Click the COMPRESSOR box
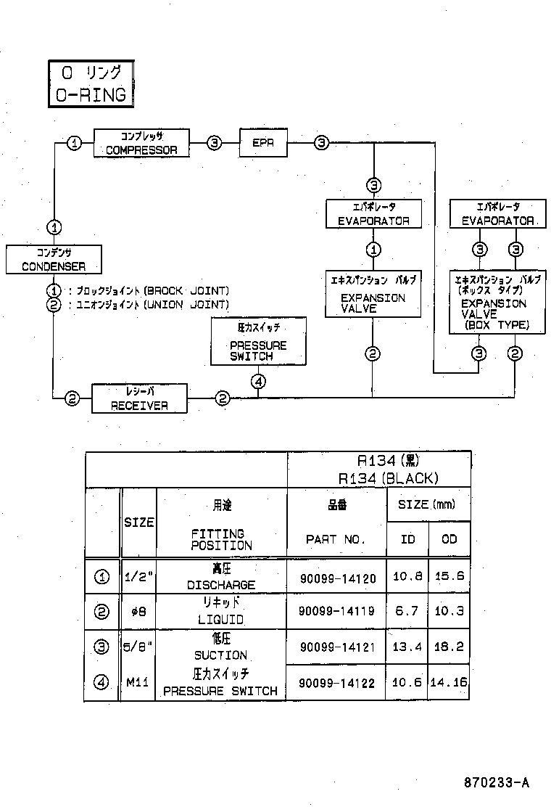(141, 143)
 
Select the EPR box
(263, 143)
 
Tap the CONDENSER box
(53, 259)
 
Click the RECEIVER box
(139, 398)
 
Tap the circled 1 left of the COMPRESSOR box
(74, 143)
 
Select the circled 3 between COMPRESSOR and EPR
(215, 143)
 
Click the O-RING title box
(91, 84)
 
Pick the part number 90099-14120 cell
(337, 578)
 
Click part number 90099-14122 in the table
(337, 683)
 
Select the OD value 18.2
(449, 647)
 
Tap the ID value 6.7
(406, 612)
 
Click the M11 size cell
(138, 683)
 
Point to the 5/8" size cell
(138, 647)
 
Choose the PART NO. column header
(336, 539)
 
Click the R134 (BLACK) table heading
(388, 478)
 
